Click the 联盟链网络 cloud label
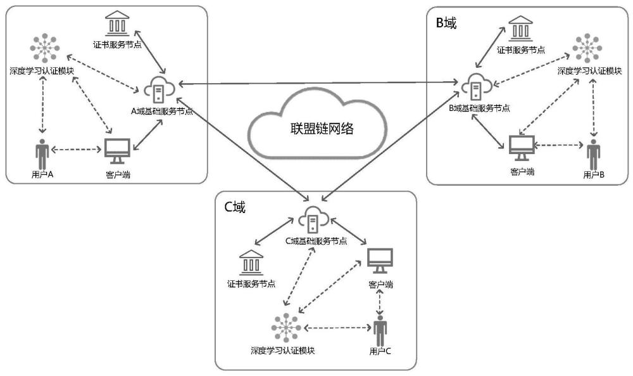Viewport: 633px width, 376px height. click(317, 129)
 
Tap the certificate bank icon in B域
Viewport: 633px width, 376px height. click(520, 28)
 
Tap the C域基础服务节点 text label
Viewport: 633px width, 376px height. click(315, 241)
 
